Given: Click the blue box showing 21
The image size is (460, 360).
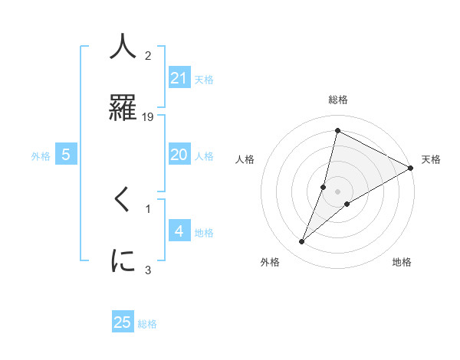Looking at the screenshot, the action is tap(179, 78).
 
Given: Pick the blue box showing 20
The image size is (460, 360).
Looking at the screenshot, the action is tap(179, 155).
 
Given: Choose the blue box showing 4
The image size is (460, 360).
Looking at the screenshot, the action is tap(179, 231).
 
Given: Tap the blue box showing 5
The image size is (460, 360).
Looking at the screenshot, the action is tap(66, 155).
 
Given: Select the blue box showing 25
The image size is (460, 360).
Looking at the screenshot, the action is tap(123, 322).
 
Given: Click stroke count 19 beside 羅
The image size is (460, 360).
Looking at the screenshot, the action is tap(149, 117).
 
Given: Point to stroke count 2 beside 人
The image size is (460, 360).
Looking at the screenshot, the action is tap(148, 56).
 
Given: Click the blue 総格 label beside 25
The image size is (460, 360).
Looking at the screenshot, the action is tap(147, 323).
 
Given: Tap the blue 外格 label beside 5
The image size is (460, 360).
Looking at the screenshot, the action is tap(41, 155).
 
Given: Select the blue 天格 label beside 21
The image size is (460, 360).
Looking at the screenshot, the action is tap(204, 79).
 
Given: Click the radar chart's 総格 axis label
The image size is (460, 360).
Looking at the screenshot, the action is tap(337, 100).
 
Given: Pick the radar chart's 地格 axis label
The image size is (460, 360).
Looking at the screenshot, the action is tap(402, 262).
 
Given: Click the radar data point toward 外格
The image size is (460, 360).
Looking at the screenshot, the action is tap(302, 242).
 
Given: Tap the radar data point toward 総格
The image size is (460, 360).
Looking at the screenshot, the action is tap(337, 130).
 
